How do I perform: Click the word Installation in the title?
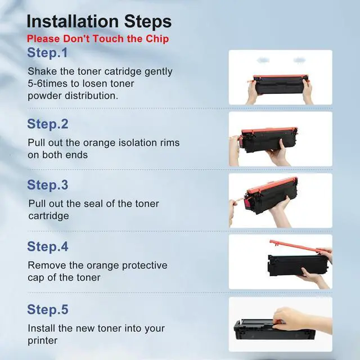(x=73, y=21)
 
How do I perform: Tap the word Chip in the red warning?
(x=157, y=39)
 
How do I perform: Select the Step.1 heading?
(x=47, y=52)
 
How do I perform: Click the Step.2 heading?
(x=48, y=124)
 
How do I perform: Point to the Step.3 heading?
(x=48, y=185)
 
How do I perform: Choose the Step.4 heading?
(x=48, y=246)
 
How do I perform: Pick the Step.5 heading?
(x=48, y=309)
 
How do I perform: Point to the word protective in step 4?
(x=145, y=265)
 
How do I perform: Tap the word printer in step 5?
(x=43, y=341)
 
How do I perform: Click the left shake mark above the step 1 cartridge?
(x=263, y=60)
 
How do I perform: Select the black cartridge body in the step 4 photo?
(x=298, y=265)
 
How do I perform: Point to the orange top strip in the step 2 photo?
(x=269, y=130)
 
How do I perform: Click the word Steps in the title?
(x=148, y=21)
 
